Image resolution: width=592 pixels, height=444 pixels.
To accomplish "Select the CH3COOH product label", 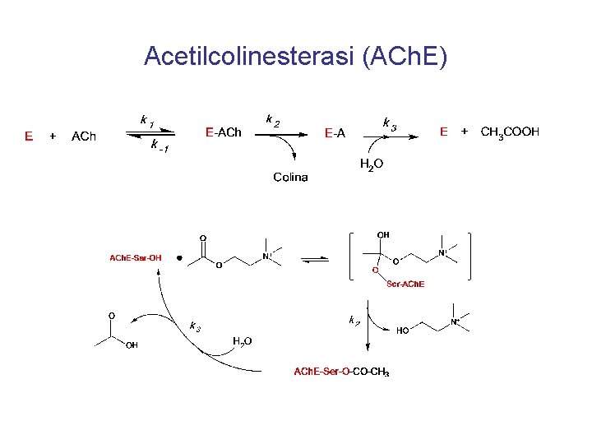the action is click(x=510, y=132).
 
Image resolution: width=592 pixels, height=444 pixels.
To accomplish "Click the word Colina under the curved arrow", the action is click(x=290, y=177).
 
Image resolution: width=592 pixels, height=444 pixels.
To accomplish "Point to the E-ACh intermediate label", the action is click(x=223, y=132).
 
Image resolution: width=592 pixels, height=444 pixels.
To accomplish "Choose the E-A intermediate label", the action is click(x=335, y=132).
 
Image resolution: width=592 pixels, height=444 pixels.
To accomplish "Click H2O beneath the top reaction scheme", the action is click(x=372, y=165).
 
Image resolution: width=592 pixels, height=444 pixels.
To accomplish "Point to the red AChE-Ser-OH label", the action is click(x=136, y=257).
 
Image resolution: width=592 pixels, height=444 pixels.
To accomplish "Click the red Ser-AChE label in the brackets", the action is click(x=405, y=284).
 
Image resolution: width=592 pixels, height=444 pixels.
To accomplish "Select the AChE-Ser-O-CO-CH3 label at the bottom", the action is click(x=341, y=372).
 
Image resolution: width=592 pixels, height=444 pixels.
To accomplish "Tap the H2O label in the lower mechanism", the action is click(x=242, y=341).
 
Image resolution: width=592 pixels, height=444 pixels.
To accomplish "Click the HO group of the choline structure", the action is click(x=403, y=331).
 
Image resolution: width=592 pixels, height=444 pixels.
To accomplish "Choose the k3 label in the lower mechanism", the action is click(x=195, y=326).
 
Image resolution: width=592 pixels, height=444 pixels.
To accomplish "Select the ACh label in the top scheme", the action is click(x=84, y=136).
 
